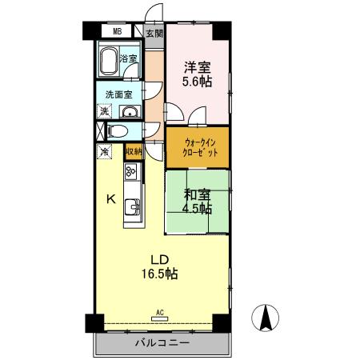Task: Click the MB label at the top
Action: tap(117, 32)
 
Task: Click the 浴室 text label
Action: tap(128, 58)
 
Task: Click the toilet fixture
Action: tap(119, 130)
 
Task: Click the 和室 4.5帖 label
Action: tap(196, 201)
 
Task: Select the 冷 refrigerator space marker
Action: tap(103, 150)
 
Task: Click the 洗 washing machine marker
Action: tap(104, 111)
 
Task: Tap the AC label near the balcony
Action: tap(159, 312)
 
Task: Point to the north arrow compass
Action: tap(266, 318)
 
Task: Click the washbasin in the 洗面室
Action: tap(131, 111)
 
